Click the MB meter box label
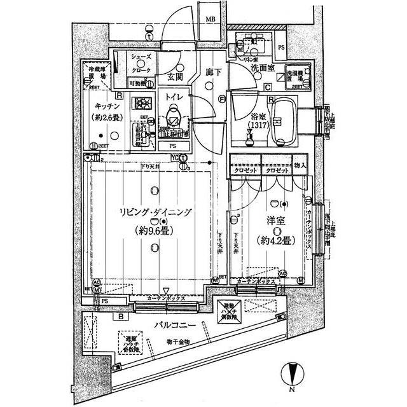coord(209,20)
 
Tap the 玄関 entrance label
coord(176,77)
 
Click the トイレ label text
coord(173,97)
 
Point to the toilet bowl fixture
coord(172,120)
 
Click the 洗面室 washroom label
coord(261,67)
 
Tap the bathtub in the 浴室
coord(281,118)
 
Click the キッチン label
coord(106,106)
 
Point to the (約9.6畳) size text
coord(153,231)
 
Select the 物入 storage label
coord(300,165)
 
